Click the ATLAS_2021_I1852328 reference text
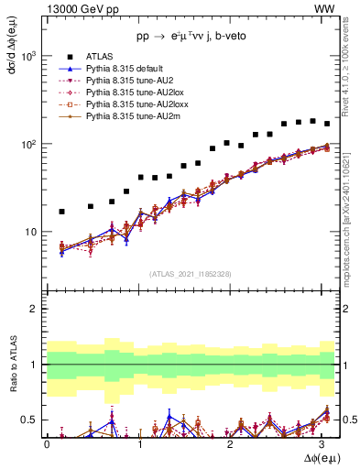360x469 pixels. point(191,274)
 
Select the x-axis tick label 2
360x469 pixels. point(233,443)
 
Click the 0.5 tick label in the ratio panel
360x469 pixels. point(28,420)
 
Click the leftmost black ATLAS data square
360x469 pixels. point(61,212)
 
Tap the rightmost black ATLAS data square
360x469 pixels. point(327,124)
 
